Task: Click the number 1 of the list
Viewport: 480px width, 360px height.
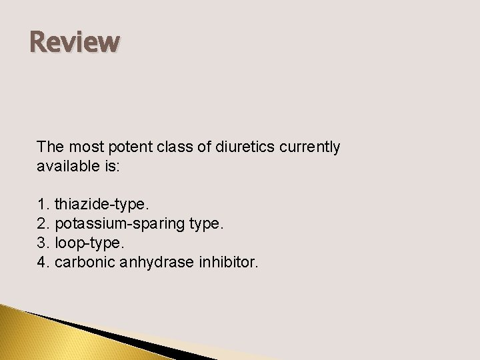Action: pyautogui.click(x=42, y=203)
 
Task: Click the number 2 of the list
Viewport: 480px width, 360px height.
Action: pyautogui.click(x=42, y=223)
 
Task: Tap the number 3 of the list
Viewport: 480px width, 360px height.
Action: pyautogui.click(x=42, y=243)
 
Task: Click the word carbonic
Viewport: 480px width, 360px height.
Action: pyautogui.click(x=82, y=263)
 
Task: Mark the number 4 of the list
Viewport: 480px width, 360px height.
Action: pyautogui.click(x=42, y=263)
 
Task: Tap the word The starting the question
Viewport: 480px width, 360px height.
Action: pyautogui.click(x=49, y=147)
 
